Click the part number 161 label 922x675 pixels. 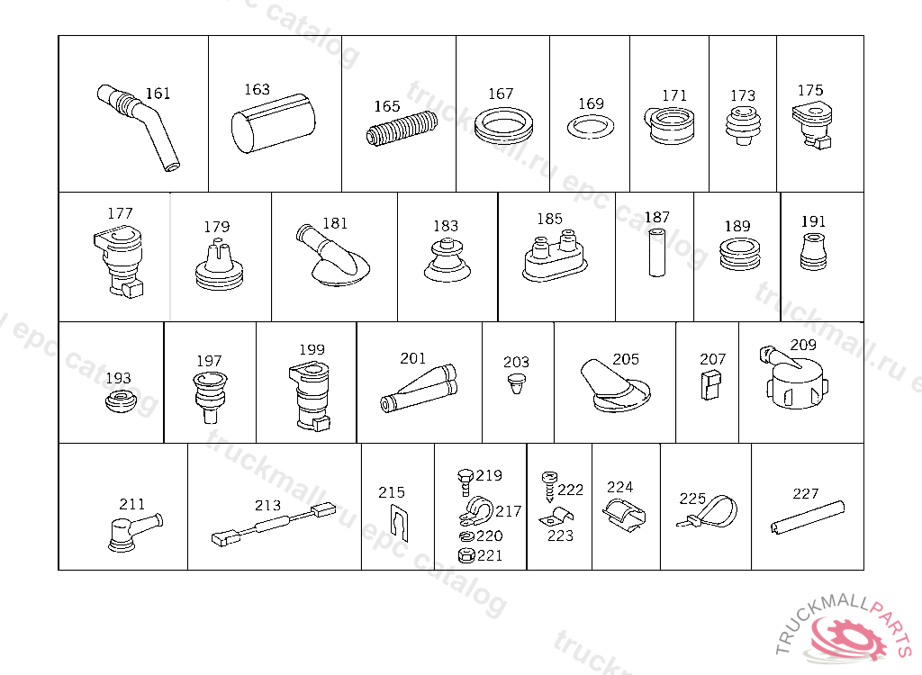coord(158,94)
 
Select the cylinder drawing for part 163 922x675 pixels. coord(274,123)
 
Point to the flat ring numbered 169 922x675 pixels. coord(591,127)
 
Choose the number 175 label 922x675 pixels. coord(809,91)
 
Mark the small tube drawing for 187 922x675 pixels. coord(656,253)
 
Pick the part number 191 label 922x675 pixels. coord(813,221)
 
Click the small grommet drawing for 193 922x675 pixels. coord(121,400)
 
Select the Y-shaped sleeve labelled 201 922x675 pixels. coord(419,389)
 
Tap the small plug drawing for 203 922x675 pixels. coord(517,383)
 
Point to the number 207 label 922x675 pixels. coord(713,359)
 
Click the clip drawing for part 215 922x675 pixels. coord(399,523)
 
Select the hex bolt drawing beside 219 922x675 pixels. coord(466,482)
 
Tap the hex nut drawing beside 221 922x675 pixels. coord(466,555)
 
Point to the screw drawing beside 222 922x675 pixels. coord(548,486)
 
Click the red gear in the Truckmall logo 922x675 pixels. coord(848,638)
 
